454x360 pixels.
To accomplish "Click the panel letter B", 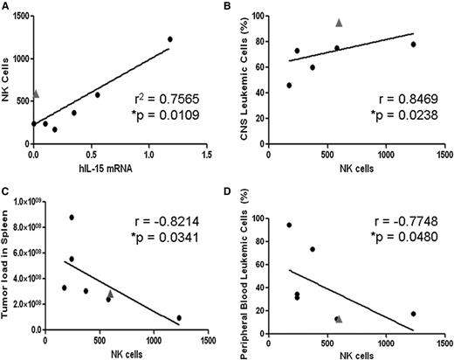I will point(234,7).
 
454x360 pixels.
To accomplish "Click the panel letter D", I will point(234,188).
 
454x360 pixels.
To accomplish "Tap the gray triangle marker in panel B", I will point(340,23).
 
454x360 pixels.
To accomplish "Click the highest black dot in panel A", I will point(170,39).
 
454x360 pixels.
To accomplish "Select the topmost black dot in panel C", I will point(72,218).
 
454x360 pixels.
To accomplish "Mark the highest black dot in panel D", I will point(289,225).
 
